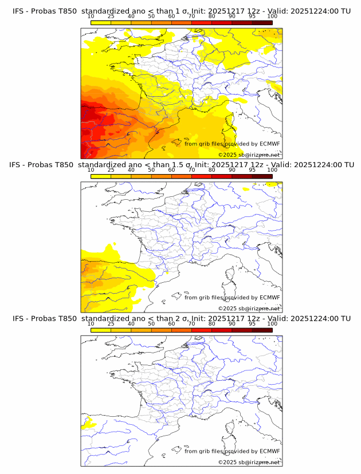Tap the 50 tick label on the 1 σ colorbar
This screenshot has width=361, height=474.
[x=151, y=17]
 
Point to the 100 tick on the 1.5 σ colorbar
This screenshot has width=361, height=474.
[x=272, y=170]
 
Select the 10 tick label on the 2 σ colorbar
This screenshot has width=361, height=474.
[x=91, y=323]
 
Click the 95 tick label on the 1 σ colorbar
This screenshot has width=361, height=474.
[x=252, y=17]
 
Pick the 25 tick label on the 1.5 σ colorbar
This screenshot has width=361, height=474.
[x=111, y=170]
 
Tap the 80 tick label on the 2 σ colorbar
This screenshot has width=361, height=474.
[x=212, y=323]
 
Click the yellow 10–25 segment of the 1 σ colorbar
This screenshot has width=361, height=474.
[x=101, y=22]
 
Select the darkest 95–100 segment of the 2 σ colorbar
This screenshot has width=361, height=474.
[x=262, y=330]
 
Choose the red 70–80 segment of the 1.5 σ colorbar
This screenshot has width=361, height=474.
[x=202, y=176]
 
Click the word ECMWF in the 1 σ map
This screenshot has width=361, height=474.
[x=269, y=144]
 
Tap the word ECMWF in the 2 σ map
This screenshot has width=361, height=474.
[x=269, y=451]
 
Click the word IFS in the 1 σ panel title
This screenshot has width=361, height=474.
[x=18, y=11]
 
